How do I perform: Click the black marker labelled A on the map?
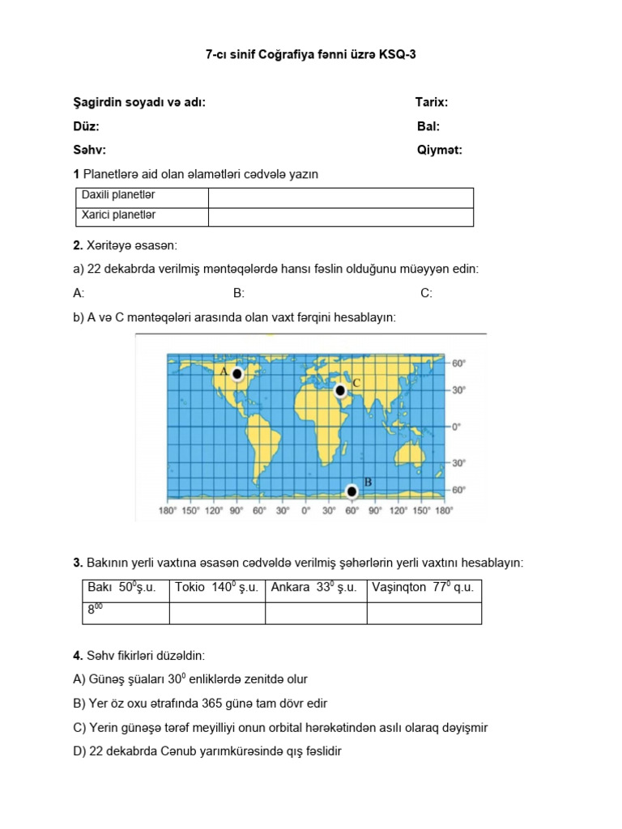click(237, 374)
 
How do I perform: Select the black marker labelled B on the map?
click(351, 491)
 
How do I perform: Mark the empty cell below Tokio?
click(216, 613)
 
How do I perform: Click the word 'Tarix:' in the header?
click(432, 103)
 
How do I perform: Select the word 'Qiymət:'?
click(440, 150)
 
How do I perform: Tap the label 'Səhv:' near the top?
click(90, 150)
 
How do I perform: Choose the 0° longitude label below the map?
click(305, 511)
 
